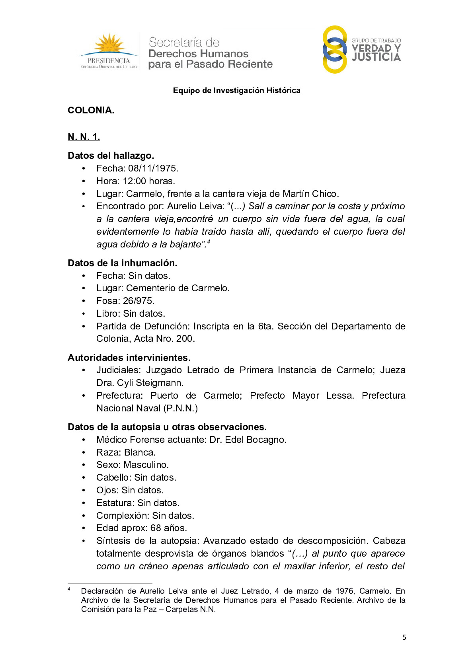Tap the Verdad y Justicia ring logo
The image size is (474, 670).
point(334,49)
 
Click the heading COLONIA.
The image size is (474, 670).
point(91,110)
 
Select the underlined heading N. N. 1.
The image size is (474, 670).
point(84,137)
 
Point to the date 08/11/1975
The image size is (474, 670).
point(153,168)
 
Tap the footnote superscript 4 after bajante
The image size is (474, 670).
point(209,242)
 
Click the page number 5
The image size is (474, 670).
point(404,637)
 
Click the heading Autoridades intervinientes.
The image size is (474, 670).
point(129,358)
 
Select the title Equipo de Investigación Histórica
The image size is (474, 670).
point(236,91)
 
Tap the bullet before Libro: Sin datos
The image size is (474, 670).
point(84,314)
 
